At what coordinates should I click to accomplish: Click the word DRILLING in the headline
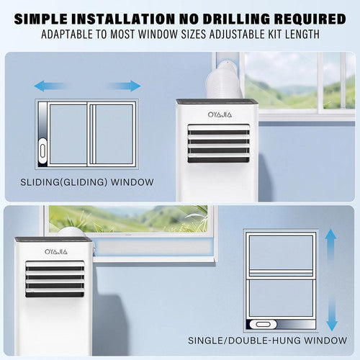[236, 19]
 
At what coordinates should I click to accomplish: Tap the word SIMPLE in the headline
[41, 19]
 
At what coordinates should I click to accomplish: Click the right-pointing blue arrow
[123, 86]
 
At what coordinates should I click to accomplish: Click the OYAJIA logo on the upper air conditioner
[220, 114]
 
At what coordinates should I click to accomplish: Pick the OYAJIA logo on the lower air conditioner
[56, 252]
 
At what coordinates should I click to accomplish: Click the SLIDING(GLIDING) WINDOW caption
[87, 182]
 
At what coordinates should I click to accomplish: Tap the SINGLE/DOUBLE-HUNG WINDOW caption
[267, 341]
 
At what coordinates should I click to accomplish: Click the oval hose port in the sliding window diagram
[42, 151]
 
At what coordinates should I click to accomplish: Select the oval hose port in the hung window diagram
[264, 324]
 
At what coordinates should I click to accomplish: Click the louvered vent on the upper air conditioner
[218, 143]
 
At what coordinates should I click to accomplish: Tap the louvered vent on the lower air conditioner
[55, 279]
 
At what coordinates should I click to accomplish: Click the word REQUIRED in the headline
[310, 19]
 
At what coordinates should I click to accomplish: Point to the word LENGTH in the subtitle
[302, 34]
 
